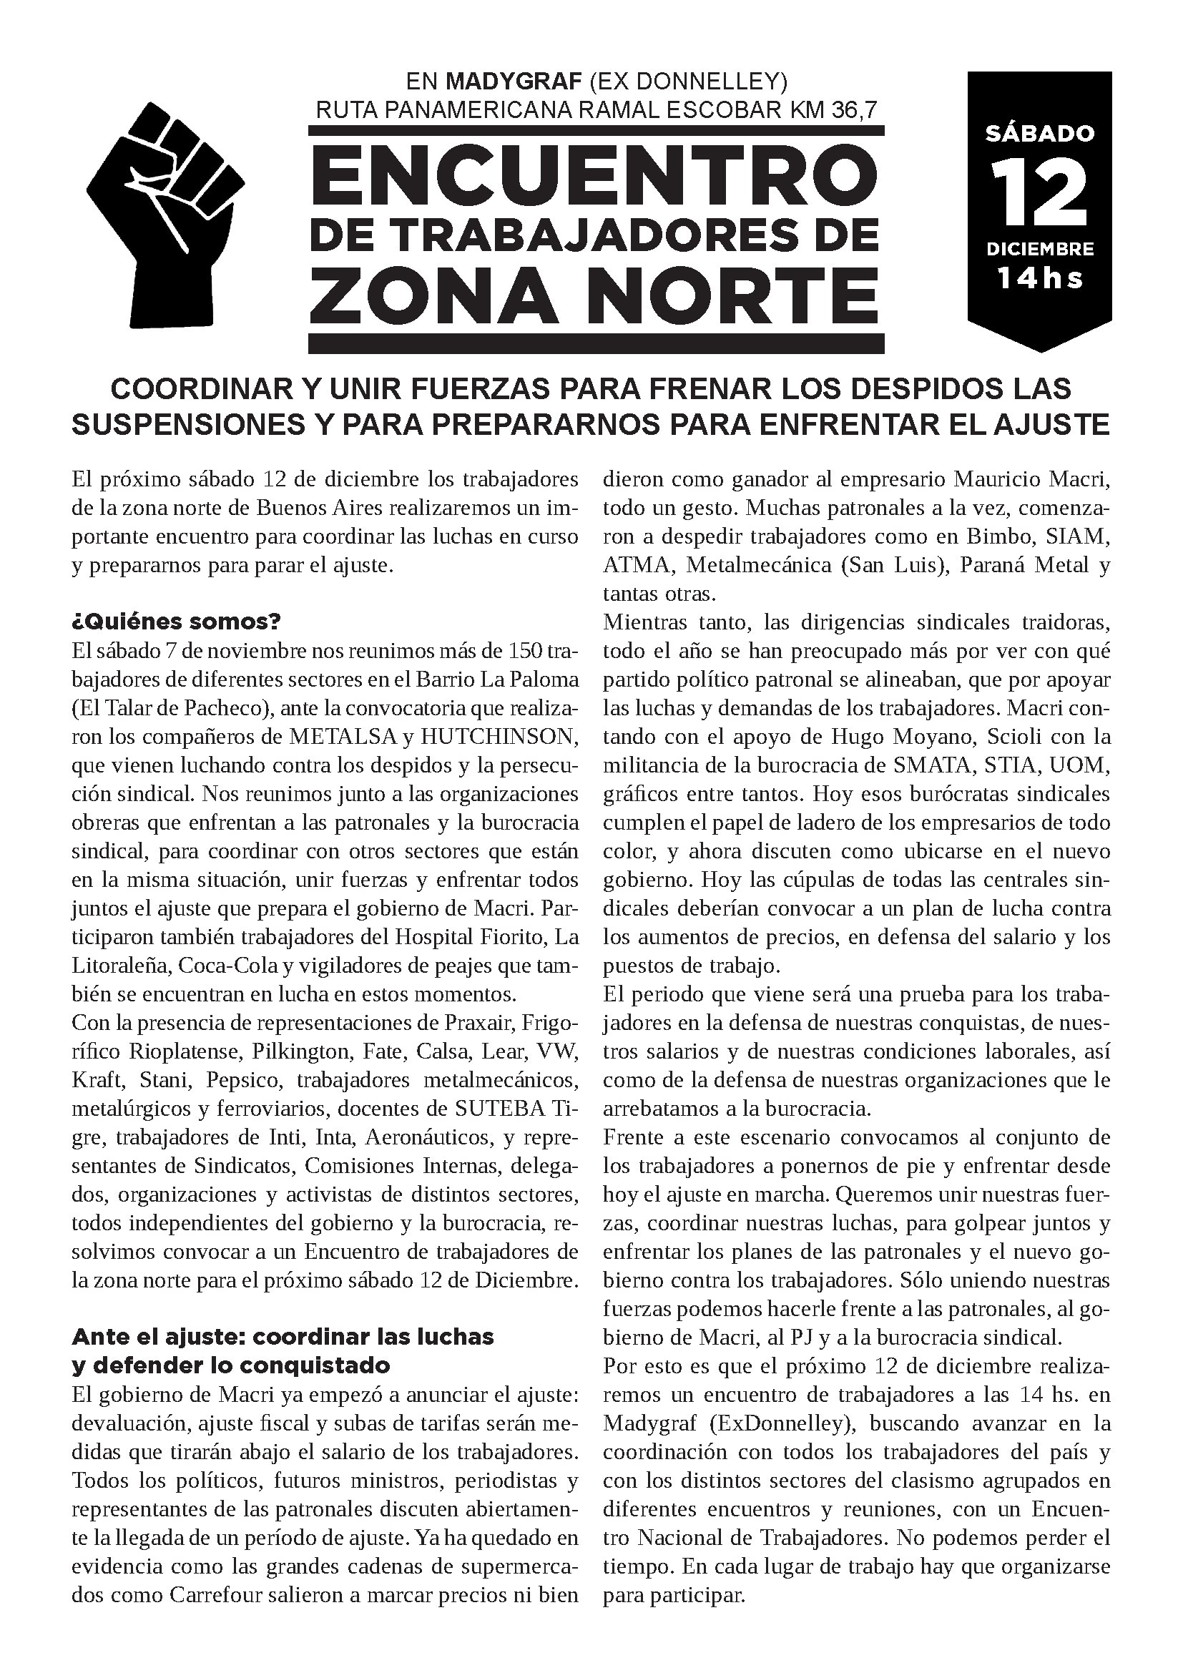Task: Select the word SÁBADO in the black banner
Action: click(x=1039, y=133)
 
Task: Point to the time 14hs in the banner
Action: click(x=1039, y=278)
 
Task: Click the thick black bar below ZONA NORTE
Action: click(x=595, y=343)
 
